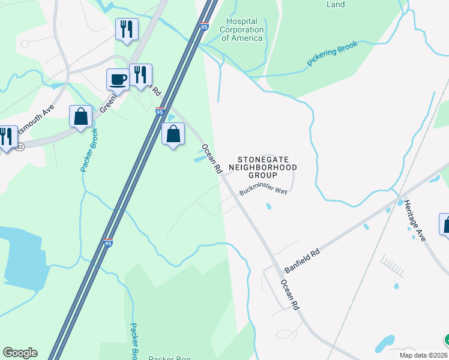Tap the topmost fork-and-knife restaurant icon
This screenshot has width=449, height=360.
[127, 29]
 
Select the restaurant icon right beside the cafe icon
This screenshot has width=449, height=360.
[140, 75]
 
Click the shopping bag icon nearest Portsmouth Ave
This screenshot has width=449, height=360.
[80, 116]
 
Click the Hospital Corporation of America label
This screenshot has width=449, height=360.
[241, 29]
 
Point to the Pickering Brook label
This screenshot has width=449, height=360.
[332, 53]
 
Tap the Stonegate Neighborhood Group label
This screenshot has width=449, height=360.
[264, 167]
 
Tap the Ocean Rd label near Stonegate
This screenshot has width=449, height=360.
[212, 159]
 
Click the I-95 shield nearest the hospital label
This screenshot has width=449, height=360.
[205, 27]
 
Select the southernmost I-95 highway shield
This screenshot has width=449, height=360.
[108, 244]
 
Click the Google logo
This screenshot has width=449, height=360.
[20, 353]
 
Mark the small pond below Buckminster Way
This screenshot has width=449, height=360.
[268, 207]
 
